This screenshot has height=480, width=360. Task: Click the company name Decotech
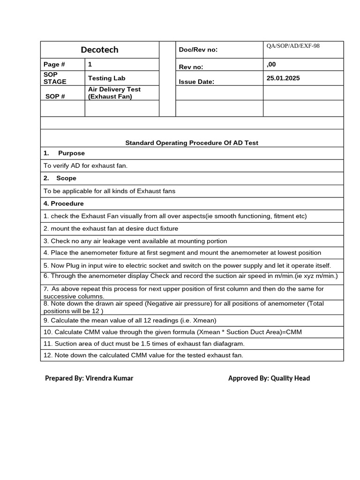click(x=99, y=50)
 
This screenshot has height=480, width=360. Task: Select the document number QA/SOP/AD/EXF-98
click(x=293, y=46)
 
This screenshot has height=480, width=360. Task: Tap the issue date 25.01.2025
click(x=283, y=78)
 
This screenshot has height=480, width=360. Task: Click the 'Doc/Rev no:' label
click(x=198, y=50)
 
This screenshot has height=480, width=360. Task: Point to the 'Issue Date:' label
click(x=196, y=82)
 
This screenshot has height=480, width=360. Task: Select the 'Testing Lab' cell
click(x=106, y=78)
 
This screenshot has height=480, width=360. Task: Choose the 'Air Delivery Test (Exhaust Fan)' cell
click(x=114, y=93)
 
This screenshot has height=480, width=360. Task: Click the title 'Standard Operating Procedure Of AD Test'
click(x=192, y=142)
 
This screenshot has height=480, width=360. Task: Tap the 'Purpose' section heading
click(x=71, y=153)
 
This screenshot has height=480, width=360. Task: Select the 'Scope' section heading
click(x=66, y=178)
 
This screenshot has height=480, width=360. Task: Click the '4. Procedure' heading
click(x=64, y=203)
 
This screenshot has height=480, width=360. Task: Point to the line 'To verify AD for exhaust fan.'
click(x=85, y=165)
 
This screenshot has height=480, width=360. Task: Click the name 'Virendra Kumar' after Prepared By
click(x=109, y=378)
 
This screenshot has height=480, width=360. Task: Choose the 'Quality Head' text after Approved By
click(x=290, y=378)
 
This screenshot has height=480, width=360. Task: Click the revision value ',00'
click(x=271, y=64)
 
